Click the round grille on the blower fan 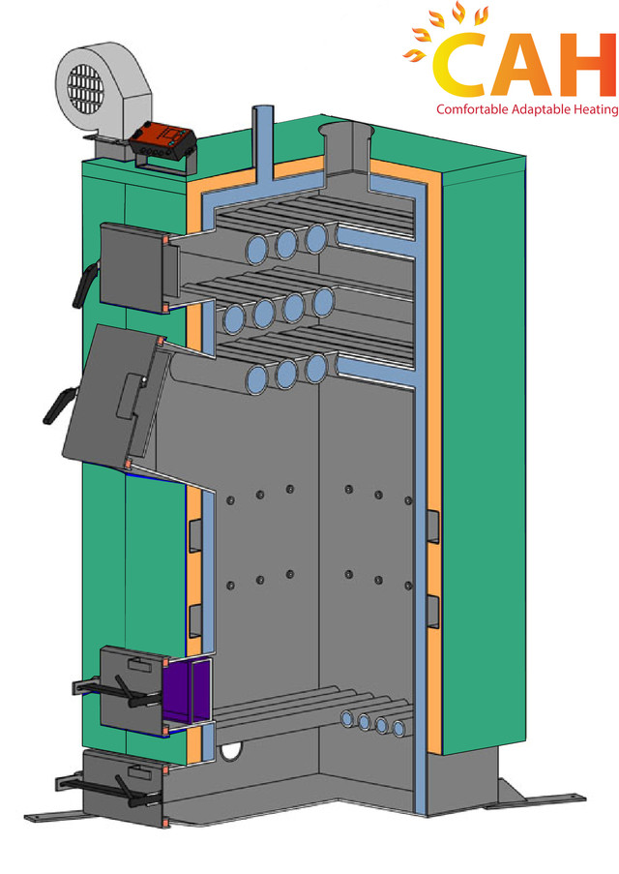(x=85, y=89)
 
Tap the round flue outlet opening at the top (x=345, y=130)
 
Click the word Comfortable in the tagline (x=472, y=109)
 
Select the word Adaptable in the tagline (x=543, y=109)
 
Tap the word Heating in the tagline (x=598, y=109)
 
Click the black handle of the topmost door (x=83, y=286)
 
